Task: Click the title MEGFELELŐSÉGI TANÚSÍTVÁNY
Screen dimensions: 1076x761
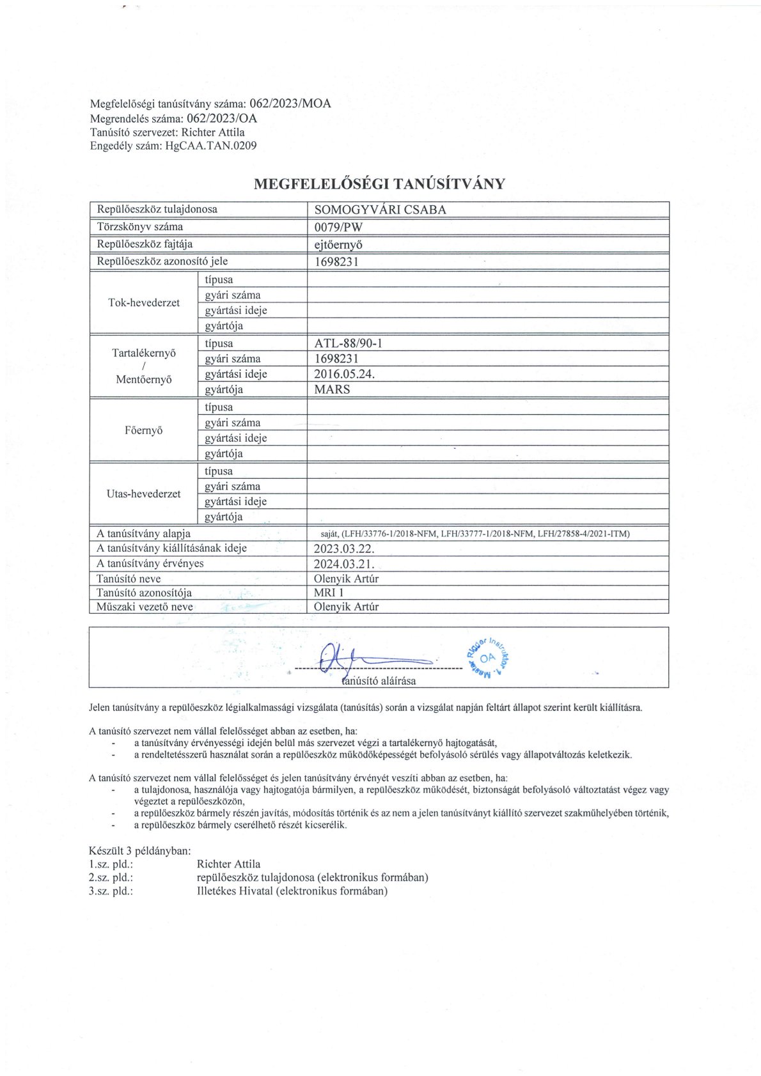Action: (x=379, y=184)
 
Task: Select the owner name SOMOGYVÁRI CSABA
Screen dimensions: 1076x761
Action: (x=380, y=210)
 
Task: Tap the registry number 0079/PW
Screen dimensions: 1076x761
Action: (x=338, y=227)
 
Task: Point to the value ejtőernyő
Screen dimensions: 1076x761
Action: (x=339, y=244)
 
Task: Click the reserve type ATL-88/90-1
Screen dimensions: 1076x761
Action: (x=348, y=343)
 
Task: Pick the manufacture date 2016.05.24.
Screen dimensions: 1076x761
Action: (x=344, y=374)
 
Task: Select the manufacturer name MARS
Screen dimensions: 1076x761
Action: (x=332, y=389)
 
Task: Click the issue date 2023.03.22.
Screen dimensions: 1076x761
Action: (x=343, y=549)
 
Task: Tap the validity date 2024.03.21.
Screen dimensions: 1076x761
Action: (x=343, y=564)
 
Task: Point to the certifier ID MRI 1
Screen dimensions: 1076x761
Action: (x=329, y=593)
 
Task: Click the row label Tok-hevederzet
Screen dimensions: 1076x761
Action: (x=144, y=302)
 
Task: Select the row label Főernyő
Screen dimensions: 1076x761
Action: (x=144, y=430)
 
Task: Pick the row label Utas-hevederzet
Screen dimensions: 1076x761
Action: (x=144, y=494)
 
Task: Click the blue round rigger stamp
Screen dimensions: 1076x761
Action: (x=489, y=657)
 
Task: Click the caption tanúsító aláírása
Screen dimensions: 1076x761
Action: (x=379, y=681)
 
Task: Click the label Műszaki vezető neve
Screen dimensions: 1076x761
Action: (x=145, y=607)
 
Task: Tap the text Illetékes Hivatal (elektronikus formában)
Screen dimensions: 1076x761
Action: (x=292, y=891)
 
